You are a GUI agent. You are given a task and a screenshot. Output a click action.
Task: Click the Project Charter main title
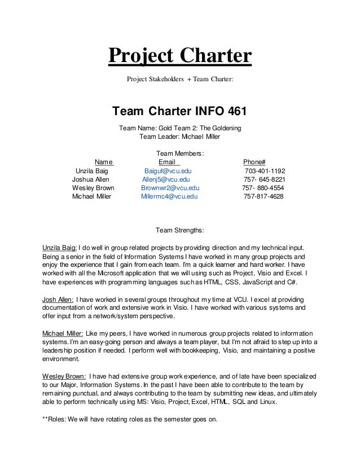tap(179, 57)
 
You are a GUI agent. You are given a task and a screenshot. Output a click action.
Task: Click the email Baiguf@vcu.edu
tap(168, 171)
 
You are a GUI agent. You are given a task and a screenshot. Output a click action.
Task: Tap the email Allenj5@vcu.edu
tap(166, 179)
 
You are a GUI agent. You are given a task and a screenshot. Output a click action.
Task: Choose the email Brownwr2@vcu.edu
tap(170, 188)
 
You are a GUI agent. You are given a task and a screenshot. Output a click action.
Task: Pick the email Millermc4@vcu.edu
tap(169, 197)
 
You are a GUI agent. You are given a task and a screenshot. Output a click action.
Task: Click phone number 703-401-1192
tap(265, 171)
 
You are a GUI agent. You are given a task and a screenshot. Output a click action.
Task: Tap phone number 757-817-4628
tap(264, 197)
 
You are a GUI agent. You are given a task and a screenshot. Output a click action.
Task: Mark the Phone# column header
tap(254, 162)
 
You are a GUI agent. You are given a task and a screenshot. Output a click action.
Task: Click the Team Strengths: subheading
tap(179, 230)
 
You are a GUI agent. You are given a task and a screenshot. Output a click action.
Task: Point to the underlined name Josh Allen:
tap(57, 298)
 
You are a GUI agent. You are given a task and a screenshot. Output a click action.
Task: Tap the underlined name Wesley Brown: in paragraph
tap(64, 376)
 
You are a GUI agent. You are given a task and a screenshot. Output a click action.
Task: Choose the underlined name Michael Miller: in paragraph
tap(64, 333)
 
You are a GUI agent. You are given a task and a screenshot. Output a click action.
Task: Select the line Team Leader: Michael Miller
tap(179, 137)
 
